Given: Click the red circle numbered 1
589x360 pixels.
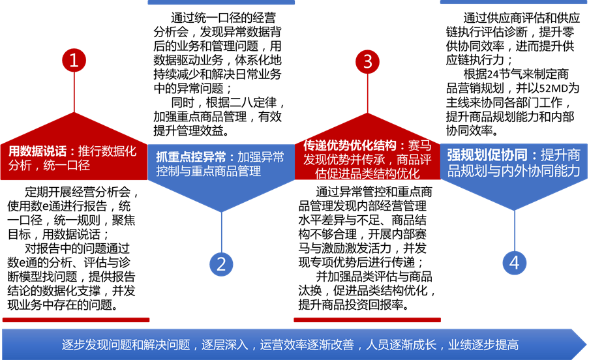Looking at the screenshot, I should click(74, 61).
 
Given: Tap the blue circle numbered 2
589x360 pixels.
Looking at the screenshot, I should click(221, 263).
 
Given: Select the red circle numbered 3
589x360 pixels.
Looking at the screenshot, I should click(368, 61).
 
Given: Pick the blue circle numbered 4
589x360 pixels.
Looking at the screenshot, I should click(515, 263).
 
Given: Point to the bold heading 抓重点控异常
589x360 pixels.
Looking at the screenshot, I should click(191, 157).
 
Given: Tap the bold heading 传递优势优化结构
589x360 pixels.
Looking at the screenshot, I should click(350, 145).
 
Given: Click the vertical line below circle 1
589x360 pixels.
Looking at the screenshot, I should click(74, 91).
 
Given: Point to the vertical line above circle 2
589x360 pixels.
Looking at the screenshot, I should click(221, 232).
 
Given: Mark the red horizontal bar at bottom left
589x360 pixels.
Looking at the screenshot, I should click(76, 320).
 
